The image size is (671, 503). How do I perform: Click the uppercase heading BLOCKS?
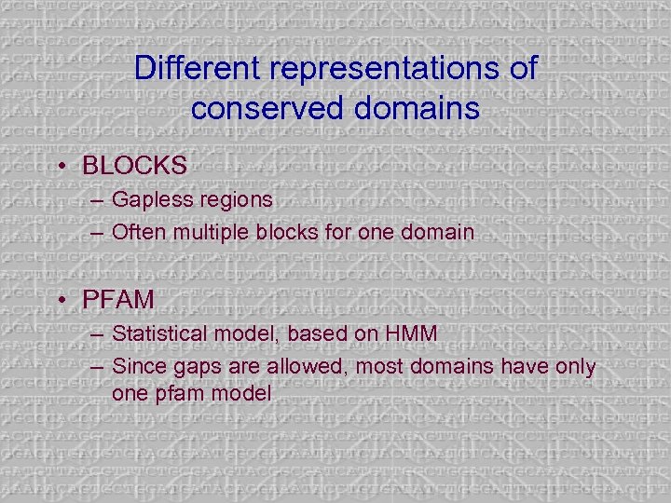134,166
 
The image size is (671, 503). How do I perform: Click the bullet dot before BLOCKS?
62,167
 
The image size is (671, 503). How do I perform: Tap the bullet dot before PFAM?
62,302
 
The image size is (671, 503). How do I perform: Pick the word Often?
137,231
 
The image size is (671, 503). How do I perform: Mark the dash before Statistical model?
97,333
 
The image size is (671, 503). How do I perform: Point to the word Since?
137,366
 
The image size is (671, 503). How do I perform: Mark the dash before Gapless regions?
97,199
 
